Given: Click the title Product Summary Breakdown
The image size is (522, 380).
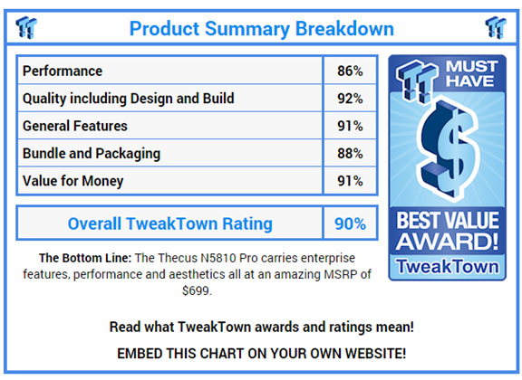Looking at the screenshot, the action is tap(262, 29).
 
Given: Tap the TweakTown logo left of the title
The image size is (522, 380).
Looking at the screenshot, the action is tap(26, 27).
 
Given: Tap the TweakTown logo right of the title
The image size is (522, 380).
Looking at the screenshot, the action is tap(496, 27).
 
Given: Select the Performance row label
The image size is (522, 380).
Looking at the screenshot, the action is tap(63, 71).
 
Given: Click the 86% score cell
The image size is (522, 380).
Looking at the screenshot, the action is tap(350, 71).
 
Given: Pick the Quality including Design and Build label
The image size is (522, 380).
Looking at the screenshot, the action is tap(128, 99).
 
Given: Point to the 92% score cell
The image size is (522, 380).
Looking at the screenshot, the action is tap(350, 99).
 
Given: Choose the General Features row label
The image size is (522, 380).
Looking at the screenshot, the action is tap(75, 126).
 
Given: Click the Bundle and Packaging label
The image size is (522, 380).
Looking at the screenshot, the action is tap(92, 154).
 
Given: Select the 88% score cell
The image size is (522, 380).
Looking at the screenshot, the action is tap(350, 154).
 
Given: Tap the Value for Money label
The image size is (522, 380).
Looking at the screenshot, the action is tap(72, 181).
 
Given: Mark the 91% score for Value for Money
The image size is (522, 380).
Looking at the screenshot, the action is tap(350, 181).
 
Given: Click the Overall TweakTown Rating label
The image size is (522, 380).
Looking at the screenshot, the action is tap(170, 223).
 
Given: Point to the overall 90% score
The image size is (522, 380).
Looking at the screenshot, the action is tap(350, 223).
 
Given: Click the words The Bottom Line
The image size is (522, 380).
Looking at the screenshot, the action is tap(85, 258).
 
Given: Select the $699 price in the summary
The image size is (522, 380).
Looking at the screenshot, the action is tap(196, 291).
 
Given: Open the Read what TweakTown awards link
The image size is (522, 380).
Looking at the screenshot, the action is tap(262, 328).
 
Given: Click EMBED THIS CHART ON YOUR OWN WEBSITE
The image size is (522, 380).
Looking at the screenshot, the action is tap(262, 354).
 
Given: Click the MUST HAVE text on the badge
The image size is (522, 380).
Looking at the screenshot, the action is tap(471, 73).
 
